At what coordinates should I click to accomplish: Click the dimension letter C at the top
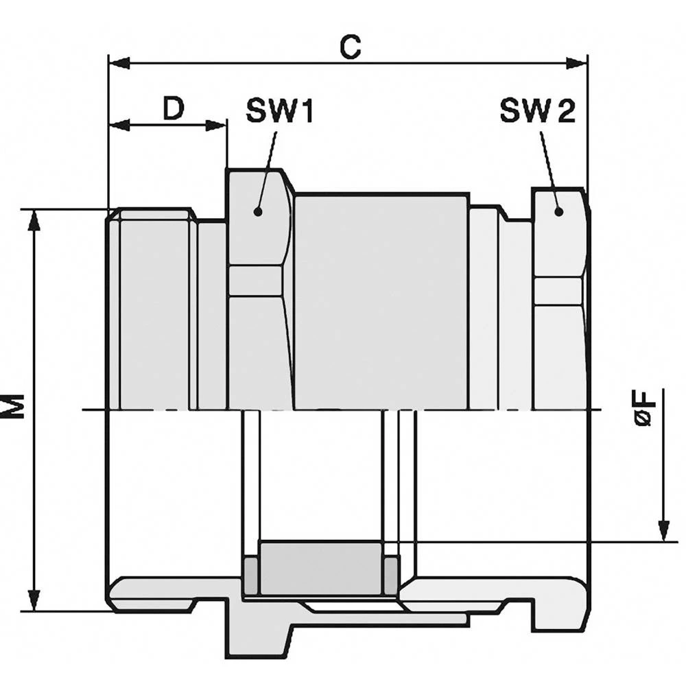coord(351,47)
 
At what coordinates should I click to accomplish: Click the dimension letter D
coord(174,108)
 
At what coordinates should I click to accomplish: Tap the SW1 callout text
coord(280,111)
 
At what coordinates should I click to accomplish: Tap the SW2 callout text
coord(538,110)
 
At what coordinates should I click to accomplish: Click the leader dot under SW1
coord(258,212)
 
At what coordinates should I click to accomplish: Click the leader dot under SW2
coord(558,211)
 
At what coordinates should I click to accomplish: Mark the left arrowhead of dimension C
coord(119,63)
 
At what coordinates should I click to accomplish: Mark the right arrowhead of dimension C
coord(576,63)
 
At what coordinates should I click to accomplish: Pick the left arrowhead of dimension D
coord(119,126)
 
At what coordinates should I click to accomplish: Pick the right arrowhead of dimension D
coord(215,126)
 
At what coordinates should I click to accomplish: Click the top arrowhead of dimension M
coord(34,221)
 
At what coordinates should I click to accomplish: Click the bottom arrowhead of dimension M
coord(34,600)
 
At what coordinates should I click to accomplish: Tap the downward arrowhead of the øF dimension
coord(664,531)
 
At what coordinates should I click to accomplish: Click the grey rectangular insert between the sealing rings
coord(322,568)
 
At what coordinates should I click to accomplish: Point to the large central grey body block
coord(381,302)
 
